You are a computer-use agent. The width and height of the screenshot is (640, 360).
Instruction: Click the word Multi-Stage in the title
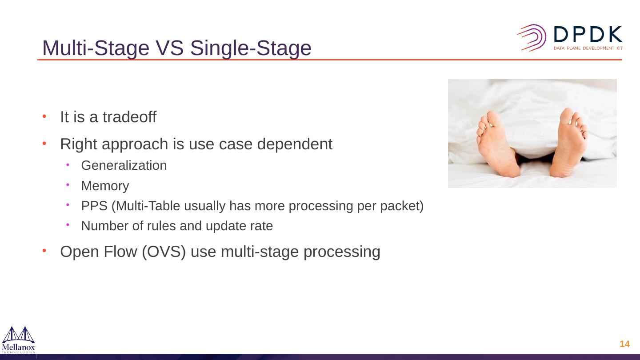click(96, 48)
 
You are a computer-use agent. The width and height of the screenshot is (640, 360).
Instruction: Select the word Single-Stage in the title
click(251, 48)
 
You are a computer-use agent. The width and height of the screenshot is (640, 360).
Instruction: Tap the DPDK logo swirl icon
click(532, 38)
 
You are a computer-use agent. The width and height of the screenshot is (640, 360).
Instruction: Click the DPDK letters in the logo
click(588, 34)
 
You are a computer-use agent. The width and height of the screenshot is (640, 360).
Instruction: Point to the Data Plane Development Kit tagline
click(588, 48)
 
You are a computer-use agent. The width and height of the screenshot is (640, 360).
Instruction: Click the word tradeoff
click(129, 117)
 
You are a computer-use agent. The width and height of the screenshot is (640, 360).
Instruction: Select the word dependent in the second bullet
click(295, 144)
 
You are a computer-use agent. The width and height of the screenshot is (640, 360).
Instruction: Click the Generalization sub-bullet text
click(124, 165)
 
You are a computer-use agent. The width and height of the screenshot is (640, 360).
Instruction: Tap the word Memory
click(105, 186)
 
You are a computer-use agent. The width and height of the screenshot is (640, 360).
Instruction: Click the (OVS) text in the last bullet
click(164, 252)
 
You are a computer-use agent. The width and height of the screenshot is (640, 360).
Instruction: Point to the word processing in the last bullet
click(342, 252)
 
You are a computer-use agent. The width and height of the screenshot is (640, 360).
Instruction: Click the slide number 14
click(625, 344)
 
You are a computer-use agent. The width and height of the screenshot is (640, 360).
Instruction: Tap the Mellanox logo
click(19, 340)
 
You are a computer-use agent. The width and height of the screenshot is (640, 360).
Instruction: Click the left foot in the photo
click(498, 144)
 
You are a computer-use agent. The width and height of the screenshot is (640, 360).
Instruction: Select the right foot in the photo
click(568, 142)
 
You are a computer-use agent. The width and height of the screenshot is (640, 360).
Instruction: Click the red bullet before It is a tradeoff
click(44, 116)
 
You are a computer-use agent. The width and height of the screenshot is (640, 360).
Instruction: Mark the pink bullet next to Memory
click(68, 185)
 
